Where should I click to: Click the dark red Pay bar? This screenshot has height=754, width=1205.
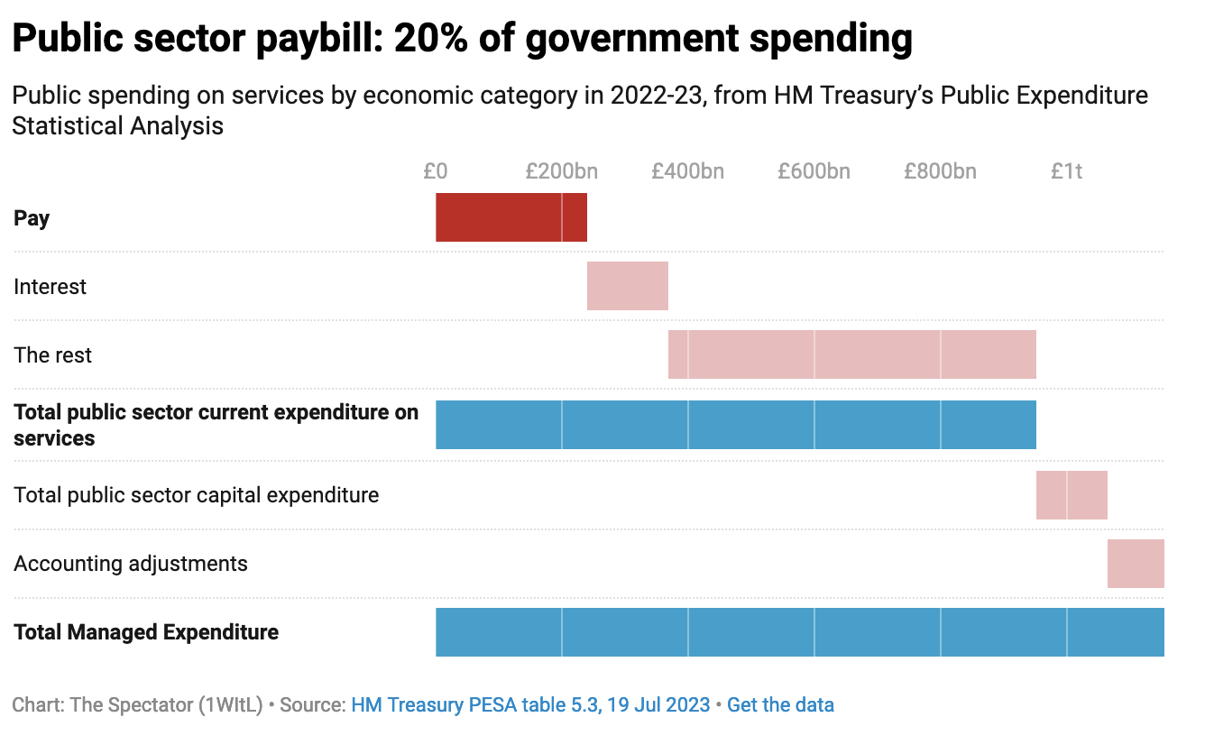click(511, 217)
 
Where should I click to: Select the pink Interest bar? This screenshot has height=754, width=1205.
click(627, 286)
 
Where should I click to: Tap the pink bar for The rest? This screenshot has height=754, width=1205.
click(851, 354)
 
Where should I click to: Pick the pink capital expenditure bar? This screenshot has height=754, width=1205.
click(1071, 494)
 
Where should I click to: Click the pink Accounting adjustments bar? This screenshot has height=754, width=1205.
click(1135, 564)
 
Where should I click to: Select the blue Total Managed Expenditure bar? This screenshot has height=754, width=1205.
click(799, 632)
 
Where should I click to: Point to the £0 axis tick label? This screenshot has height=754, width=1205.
click(436, 170)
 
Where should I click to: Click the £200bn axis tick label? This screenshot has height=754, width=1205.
click(562, 170)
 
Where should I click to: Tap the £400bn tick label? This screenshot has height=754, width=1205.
click(688, 170)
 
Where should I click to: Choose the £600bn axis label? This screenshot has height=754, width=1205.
click(814, 170)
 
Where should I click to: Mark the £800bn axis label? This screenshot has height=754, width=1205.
click(941, 170)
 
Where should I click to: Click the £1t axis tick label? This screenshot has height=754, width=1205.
click(1067, 170)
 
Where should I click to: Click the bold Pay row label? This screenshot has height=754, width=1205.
click(32, 218)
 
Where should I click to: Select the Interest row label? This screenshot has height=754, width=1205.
click(51, 287)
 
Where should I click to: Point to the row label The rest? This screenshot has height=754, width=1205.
click(53, 355)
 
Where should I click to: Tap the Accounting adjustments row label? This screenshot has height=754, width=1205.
click(131, 564)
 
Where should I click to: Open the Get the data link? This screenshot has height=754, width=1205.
click(780, 705)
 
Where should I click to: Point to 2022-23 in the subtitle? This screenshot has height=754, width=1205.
click(657, 96)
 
